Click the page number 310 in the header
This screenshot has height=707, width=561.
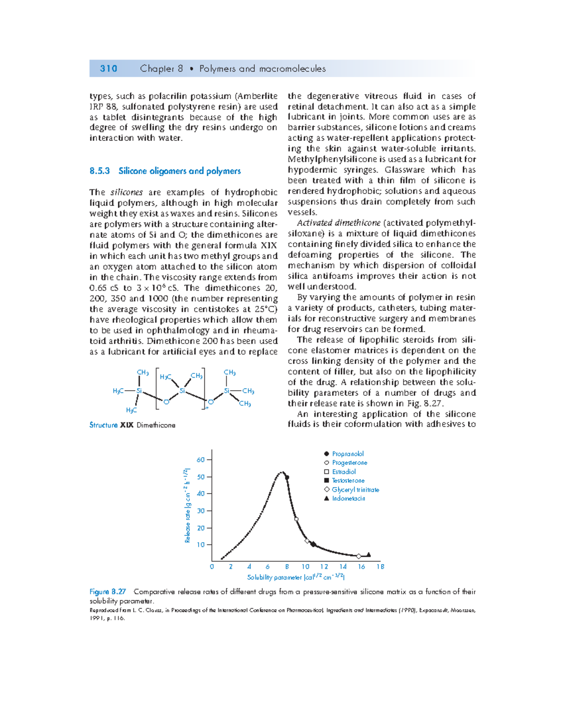[x=108, y=69]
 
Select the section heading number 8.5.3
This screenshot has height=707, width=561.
[x=100, y=171]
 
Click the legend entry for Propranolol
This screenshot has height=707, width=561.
[x=347, y=454]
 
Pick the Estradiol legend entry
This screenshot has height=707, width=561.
[x=344, y=472]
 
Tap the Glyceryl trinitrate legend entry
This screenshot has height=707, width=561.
[x=355, y=490]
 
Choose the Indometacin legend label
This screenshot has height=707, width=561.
[x=348, y=499]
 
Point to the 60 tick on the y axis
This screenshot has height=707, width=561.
[x=201, y=460]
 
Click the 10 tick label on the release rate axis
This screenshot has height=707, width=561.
[x=201, y=545]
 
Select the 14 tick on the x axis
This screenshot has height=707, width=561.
[x=343, y=567]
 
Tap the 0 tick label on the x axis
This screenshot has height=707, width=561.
[x=212, y=567]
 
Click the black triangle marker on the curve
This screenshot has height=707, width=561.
[x=368, y=554]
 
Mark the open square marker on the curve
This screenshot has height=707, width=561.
[x=296, y=519]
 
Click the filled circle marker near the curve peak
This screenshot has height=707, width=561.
[x=287, y=477]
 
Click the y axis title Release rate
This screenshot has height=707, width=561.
[x=187, y=505]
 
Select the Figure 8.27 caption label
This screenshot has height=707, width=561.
[x=108, y=592]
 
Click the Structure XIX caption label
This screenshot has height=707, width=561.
[x=111, y=425]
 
